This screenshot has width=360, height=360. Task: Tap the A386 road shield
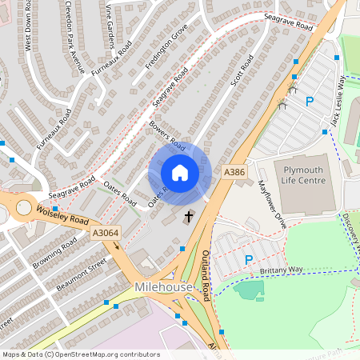click(x=234, y=172)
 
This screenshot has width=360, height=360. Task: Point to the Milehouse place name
click(x=163, y=287)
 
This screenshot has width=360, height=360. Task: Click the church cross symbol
click(x=190, y=216)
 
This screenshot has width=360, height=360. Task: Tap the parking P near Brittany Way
click(x=248, y=260)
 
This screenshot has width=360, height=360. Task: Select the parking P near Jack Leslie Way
click(x=310, y=101)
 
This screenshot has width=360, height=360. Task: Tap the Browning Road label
click(x=55, y=252)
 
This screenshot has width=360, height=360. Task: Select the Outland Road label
click(x=205, y=273)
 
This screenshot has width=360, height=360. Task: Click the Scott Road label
click(x=242, y=71)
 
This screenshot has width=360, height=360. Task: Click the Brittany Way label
click(x=285, y=270)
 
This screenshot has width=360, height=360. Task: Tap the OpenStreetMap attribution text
click(x=81, y=354)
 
